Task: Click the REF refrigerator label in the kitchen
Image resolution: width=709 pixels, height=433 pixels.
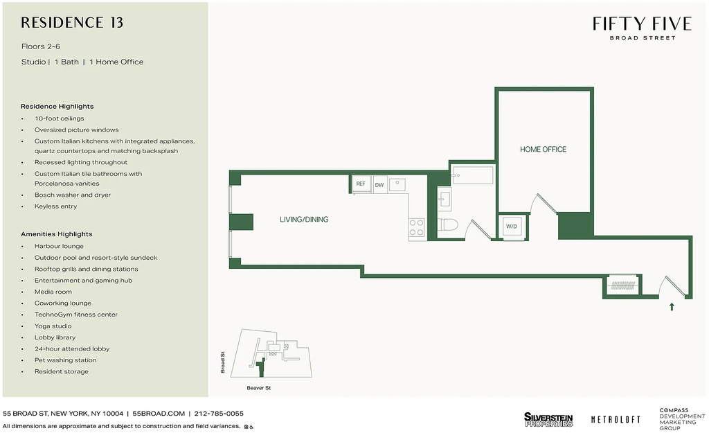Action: point(361,184)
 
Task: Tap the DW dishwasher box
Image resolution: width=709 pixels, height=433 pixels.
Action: point(380,184)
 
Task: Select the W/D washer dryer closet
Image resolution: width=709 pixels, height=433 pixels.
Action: point(512,227)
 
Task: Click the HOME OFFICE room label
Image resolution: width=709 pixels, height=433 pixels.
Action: point(543,150)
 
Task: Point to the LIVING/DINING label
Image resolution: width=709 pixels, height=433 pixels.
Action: point(304,220)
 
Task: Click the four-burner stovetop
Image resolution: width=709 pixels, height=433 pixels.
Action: point(416,228)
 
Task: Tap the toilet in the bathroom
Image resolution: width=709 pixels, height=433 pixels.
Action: point(448,225)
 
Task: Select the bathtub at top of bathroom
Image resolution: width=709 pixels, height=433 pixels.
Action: point(472,175)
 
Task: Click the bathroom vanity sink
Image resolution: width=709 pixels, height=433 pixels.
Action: point(444,199)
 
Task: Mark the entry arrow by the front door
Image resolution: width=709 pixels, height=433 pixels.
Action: point(672,307)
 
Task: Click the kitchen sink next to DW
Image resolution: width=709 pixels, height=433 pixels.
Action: point(397,184)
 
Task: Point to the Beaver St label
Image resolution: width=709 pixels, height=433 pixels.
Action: point(259,388)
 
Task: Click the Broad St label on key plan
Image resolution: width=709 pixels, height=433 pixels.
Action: point(222,362)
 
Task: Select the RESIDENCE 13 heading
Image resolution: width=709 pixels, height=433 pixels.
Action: point(72,23)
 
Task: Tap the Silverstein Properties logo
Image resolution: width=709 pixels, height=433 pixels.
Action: point(548,419)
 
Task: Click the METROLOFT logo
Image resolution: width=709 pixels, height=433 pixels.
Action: point(616,420)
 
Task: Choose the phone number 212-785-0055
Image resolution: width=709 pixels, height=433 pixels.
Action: point(219,414)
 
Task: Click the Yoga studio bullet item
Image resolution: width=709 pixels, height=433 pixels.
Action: point(53,326)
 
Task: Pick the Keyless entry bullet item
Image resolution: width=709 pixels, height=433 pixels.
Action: point(55,206)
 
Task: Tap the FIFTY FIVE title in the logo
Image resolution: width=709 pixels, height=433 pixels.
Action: point(642,24)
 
